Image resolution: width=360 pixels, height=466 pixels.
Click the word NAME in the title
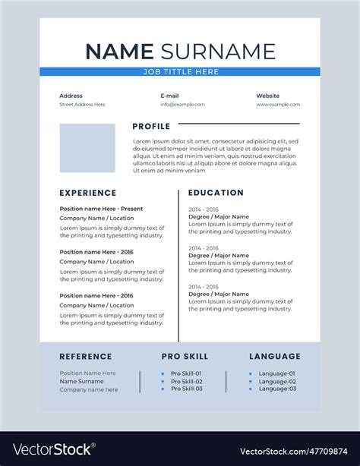tap(119, 52)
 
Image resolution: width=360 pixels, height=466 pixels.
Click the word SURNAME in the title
tap(217, 52)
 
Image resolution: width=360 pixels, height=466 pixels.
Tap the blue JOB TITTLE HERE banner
tap(180, 71)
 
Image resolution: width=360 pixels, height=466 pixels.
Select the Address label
tap(71, 96)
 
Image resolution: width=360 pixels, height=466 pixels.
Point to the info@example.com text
tap(182, 105)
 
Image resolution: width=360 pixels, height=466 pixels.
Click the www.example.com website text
tap(278, 105)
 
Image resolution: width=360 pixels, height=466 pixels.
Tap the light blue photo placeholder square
tap(87, 148)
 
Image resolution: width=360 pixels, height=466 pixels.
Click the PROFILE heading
tap(151, 126)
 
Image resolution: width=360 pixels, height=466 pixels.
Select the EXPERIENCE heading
tap(88, 193)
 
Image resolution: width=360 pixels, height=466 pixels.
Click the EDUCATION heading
tap(216, 193)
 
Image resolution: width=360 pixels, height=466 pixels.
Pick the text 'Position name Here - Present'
tap(101, 209)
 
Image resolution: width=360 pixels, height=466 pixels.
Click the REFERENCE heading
tap(86, 357)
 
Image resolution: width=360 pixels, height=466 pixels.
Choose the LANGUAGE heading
tap(275, 357)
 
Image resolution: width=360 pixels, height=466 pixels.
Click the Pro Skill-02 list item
tap(186, 381)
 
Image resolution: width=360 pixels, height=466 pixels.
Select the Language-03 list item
tap(277, 389)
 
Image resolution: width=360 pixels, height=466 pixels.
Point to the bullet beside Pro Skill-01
tap(163, 373)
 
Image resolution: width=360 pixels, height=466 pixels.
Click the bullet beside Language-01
tap(251, 373)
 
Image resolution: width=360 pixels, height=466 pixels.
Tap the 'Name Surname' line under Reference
tap(82, 381)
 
